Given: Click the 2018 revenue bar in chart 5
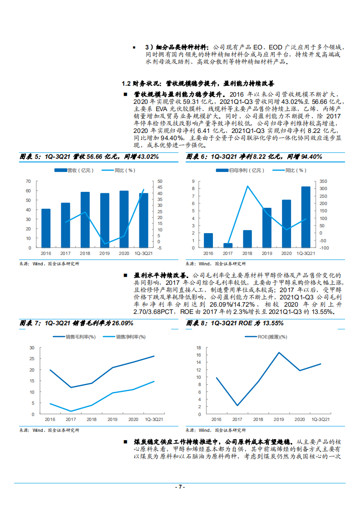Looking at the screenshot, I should pos(85,220).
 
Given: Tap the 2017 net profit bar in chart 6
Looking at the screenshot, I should pos(228,245).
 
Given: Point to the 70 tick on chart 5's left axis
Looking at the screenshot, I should pos(28,181).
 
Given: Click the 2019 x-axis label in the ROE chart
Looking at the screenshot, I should pos(279,420).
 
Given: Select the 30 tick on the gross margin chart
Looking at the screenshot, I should pos(31,348).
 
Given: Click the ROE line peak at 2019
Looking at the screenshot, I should pos(279,352).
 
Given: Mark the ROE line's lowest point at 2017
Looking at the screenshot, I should pos(237,406).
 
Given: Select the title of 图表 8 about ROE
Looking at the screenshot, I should pos(235,323).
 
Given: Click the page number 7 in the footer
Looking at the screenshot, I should pos(180,487).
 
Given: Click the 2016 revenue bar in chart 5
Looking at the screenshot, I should pos(46,228).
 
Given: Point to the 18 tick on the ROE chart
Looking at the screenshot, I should pos(199,348).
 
